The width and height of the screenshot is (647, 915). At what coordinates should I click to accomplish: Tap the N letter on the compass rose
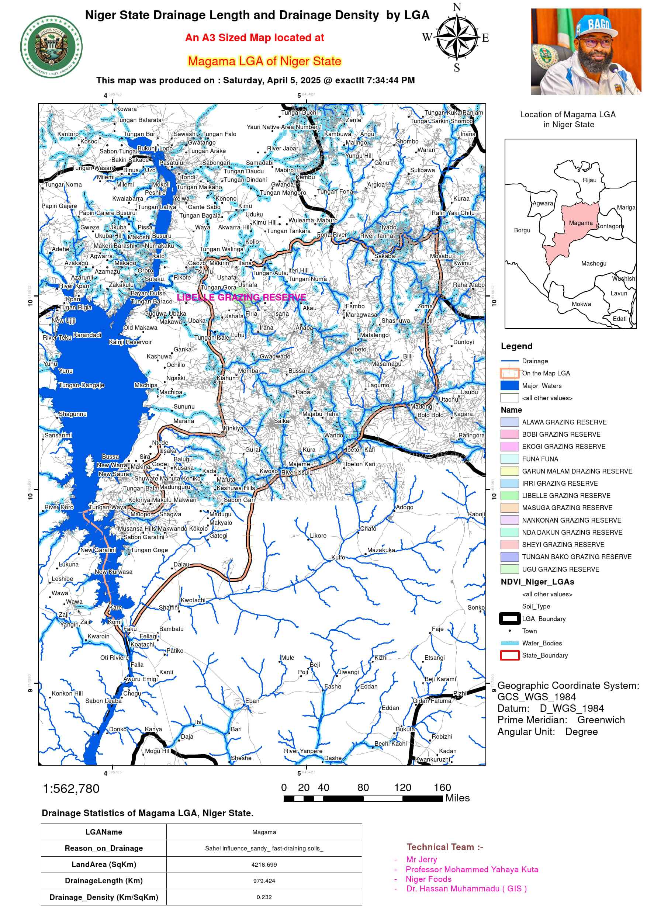point(457,7)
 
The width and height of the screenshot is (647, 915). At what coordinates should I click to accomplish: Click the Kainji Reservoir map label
point(130,342)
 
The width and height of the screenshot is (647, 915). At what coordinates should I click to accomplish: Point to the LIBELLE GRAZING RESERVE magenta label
point(242,297)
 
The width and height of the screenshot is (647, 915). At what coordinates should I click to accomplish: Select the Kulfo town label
point(338,557)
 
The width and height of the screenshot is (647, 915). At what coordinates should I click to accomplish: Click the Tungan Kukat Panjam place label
point(453,112)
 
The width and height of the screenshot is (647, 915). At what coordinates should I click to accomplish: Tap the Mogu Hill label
point(158,751)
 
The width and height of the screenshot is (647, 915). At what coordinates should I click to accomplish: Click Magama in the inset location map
point(581,223)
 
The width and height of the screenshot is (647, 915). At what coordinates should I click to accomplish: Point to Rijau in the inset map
point(589,180)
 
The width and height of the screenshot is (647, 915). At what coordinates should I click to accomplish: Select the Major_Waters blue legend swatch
point(509,385)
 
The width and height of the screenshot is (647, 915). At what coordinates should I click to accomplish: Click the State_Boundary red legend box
point(509,655)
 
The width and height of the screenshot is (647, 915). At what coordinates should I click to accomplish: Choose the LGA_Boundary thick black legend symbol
point(509,618)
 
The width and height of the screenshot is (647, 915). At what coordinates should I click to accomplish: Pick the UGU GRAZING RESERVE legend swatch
point(509,569)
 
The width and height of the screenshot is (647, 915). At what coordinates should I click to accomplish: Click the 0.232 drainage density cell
point(264,897)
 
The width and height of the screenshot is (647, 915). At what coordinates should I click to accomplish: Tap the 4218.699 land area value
point(264,864)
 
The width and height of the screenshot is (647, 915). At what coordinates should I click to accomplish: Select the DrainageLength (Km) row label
point(104,881)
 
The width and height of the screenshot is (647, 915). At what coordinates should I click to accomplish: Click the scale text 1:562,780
point(71,788)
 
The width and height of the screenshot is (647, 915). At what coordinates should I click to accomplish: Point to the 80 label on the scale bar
point(363,787)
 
